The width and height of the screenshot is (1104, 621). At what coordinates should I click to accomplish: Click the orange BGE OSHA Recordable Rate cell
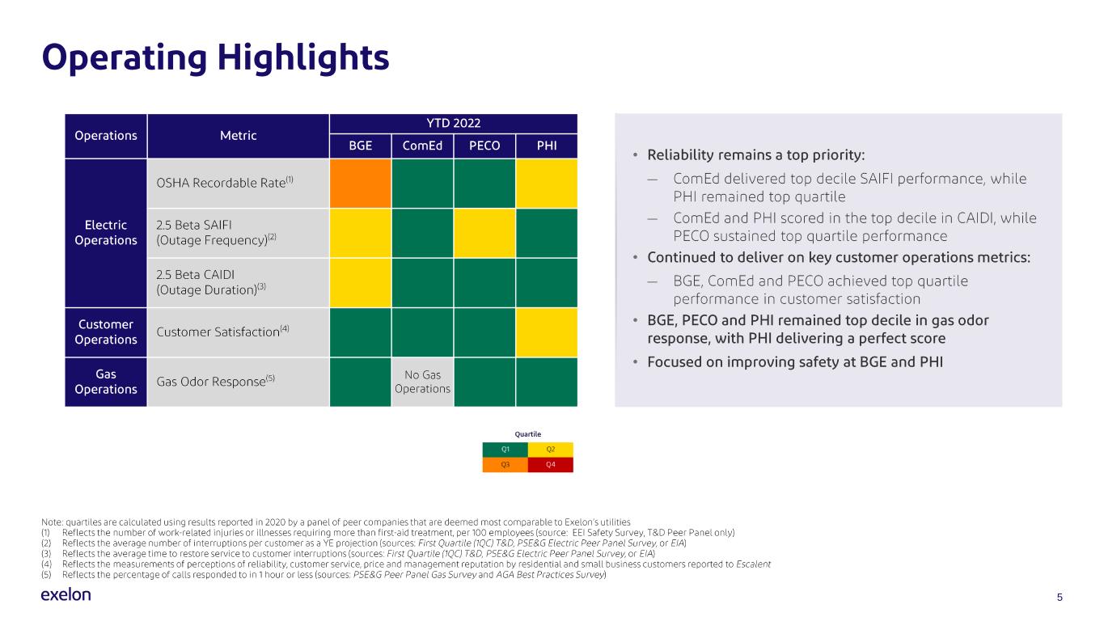tap(360, 184)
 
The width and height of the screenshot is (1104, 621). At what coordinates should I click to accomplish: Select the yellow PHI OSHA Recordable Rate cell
tap(547, 184)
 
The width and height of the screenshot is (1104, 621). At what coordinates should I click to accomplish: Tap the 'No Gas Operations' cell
tap(422, 382)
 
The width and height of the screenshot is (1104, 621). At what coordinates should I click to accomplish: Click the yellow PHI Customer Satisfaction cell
tap(547, 332)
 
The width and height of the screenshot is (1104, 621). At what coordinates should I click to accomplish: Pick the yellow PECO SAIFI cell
tap(484, 233)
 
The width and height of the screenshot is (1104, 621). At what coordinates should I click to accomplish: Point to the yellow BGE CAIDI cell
tap(360, 283)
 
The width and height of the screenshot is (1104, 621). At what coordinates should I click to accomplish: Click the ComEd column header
tap(422, 146)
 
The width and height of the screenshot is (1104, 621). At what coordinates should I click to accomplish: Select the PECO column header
tap(484, 146)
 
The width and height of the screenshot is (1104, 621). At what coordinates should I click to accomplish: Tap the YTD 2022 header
tap(453, 124)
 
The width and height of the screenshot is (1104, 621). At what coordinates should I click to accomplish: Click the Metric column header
tap(238, 135)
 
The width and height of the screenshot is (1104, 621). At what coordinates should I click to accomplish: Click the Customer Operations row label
tap(106, 332)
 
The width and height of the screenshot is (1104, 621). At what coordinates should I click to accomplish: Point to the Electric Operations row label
tap(106, 233)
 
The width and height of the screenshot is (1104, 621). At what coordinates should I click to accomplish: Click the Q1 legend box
tap(505, 450)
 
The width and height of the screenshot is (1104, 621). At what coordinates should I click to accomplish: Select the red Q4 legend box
tap(550, 465)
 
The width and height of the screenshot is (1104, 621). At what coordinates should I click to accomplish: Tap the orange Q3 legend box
tap(505, 465)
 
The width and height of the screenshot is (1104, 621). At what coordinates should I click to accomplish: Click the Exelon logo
tap(66, 595)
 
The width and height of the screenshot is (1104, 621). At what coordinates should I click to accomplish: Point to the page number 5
tap(1060, 597)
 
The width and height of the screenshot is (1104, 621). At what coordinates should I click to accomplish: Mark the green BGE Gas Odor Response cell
tap(360, 382)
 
